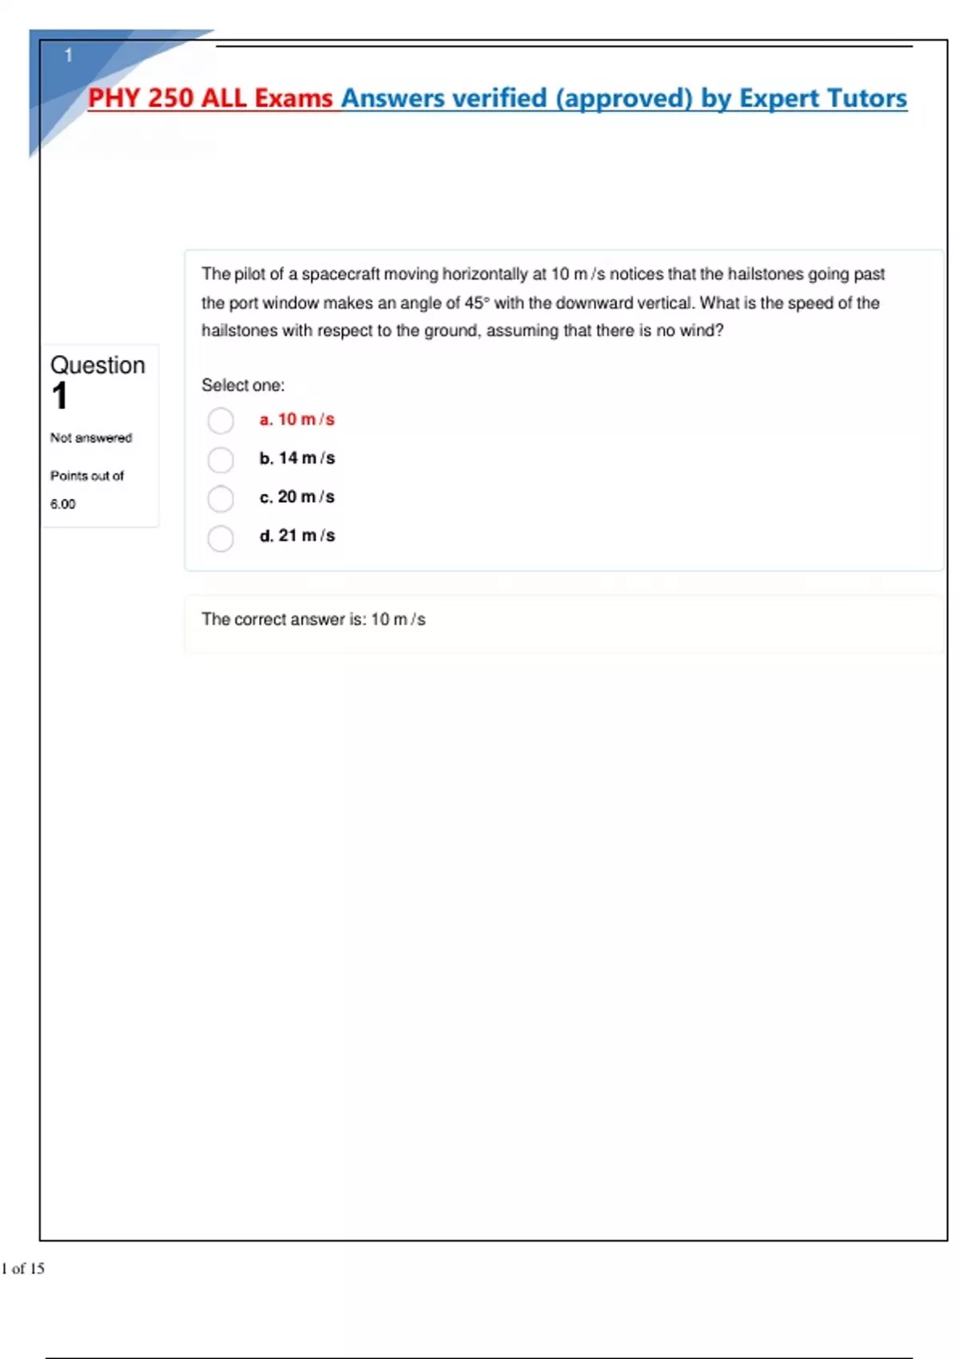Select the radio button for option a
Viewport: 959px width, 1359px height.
point(221,420)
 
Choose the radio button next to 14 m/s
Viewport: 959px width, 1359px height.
point(221,460)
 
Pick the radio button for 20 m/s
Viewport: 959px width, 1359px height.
point(221,498)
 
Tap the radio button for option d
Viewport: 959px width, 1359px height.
point(221,537)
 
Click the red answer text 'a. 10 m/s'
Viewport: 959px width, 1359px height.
point(296,420)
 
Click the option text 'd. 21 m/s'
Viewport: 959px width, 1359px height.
point(296,536)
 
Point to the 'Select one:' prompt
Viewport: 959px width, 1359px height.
point(243,385)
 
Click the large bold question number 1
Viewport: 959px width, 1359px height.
point(60,397)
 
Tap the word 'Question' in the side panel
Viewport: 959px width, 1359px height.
point(97,365)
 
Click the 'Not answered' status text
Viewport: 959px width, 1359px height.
point(91,438)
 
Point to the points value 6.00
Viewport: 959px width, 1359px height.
point(63,504)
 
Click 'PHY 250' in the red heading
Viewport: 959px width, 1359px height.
point(141,98)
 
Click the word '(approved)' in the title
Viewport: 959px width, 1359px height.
point(623,98)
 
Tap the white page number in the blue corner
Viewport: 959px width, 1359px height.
point(69,55)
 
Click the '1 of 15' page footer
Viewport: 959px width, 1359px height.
point(23,1268)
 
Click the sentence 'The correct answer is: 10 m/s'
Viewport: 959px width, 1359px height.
point(313,620)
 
